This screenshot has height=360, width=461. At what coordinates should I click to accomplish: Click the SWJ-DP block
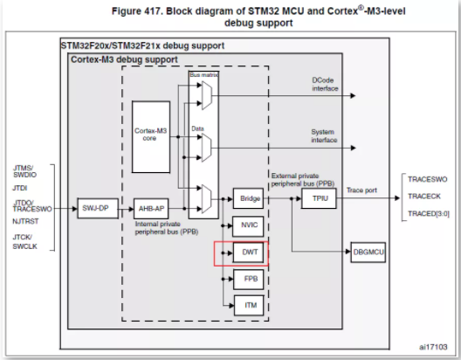coord(98,208)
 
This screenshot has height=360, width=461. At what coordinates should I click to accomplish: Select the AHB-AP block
coord(151,209)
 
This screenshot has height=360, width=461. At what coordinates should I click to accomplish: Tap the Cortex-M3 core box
coord(151,137)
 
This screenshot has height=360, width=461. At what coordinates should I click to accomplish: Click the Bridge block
coord(248,198)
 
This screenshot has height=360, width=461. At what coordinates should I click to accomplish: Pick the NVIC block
coord(248,226)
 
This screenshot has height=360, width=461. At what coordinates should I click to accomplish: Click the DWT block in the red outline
coord(249,252)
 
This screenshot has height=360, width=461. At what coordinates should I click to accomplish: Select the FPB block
coord(249,279)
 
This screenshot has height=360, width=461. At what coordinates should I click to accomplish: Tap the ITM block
coord(249,305)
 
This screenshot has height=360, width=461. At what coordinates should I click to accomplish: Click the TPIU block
coord(319,198)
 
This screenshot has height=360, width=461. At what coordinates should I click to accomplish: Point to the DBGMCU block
coord(368,252)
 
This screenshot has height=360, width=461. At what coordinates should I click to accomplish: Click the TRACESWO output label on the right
coord(428,179)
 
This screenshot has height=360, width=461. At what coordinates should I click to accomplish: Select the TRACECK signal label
coord(424,197)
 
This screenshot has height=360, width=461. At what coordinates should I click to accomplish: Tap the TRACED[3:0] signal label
coord(429,213)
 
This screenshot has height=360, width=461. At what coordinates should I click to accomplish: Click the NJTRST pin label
coord(25,221)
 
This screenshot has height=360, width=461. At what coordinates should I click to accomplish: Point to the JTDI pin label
coord(20,188)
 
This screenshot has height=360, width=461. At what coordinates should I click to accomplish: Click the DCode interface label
coord(325,85)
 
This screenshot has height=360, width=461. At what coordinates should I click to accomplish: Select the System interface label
coord(324,136)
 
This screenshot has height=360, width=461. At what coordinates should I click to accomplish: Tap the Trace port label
coord(361,190)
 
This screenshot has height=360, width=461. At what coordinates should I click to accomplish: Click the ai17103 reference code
coord(433,347)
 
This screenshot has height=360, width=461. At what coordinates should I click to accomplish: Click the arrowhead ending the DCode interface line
coord(353,95)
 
